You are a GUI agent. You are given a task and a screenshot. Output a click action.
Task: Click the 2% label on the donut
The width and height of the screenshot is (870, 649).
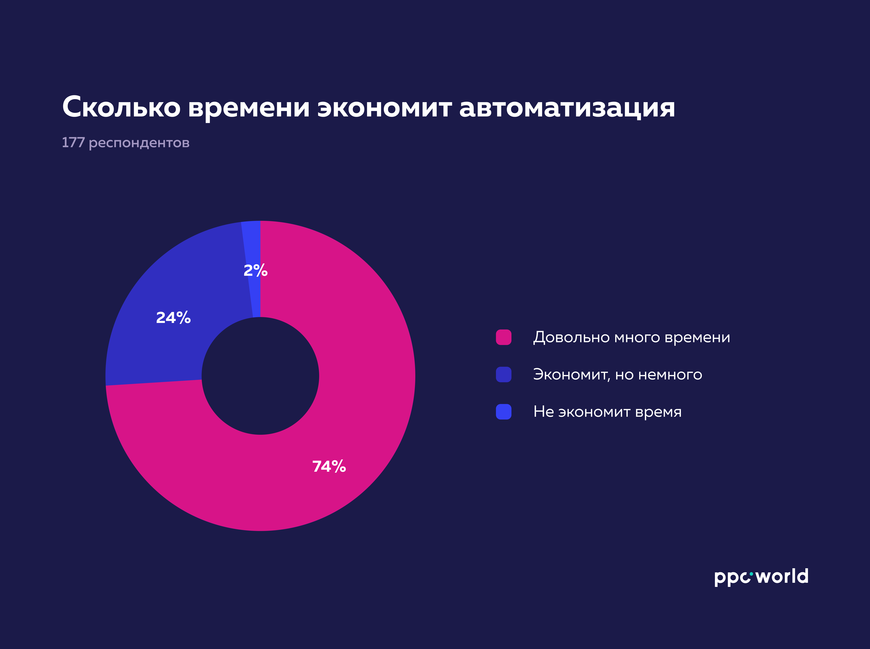255,270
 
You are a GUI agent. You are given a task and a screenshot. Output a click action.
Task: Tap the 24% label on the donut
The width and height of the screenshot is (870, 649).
173,317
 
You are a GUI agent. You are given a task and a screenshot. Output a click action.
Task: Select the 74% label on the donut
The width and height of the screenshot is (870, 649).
329,466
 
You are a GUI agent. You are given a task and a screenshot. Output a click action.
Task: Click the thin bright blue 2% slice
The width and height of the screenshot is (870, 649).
252,244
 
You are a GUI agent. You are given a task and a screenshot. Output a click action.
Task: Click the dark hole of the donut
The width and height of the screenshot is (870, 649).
260,376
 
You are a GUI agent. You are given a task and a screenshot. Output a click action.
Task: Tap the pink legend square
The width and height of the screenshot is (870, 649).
504,337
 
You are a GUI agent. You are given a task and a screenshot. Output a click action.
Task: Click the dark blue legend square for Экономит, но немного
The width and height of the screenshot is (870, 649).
504,374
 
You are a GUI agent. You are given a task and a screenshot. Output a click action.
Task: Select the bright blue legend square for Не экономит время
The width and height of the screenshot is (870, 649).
504,412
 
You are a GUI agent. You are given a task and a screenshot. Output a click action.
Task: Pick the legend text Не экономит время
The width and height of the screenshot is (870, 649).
607,412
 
